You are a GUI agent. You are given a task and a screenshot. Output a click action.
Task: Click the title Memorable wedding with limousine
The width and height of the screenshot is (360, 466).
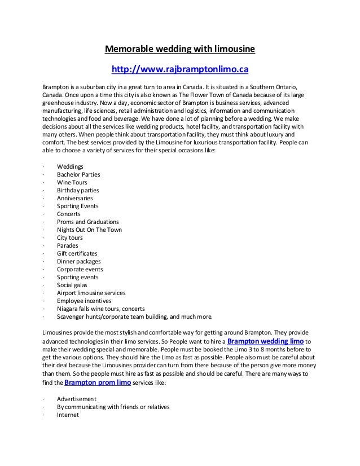180,50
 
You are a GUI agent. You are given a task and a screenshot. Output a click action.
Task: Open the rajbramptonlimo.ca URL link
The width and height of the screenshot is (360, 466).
180,69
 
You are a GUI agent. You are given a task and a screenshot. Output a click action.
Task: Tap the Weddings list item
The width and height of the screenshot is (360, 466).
70,167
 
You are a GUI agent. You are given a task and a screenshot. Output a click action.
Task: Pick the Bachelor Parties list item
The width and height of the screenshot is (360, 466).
78,175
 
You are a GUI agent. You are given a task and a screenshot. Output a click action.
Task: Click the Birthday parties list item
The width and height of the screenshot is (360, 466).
77,191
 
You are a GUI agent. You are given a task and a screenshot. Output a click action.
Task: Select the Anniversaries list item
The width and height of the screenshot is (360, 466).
74,199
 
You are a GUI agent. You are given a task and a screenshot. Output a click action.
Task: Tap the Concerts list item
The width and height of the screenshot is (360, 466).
68,214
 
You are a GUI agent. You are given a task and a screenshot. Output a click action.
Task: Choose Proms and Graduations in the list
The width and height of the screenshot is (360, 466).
87,222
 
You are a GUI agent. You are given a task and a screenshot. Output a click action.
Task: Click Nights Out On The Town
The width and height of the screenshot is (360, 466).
89,230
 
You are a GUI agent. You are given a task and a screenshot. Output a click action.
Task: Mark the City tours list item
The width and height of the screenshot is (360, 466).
69,238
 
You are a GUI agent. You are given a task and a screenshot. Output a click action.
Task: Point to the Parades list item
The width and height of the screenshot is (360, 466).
68,246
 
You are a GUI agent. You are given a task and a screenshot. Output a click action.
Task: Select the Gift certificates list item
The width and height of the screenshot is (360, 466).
77,254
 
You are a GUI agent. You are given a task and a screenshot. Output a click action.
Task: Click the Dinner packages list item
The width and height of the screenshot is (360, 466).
78,262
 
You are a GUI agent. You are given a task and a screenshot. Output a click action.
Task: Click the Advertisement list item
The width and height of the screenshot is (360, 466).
76,399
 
